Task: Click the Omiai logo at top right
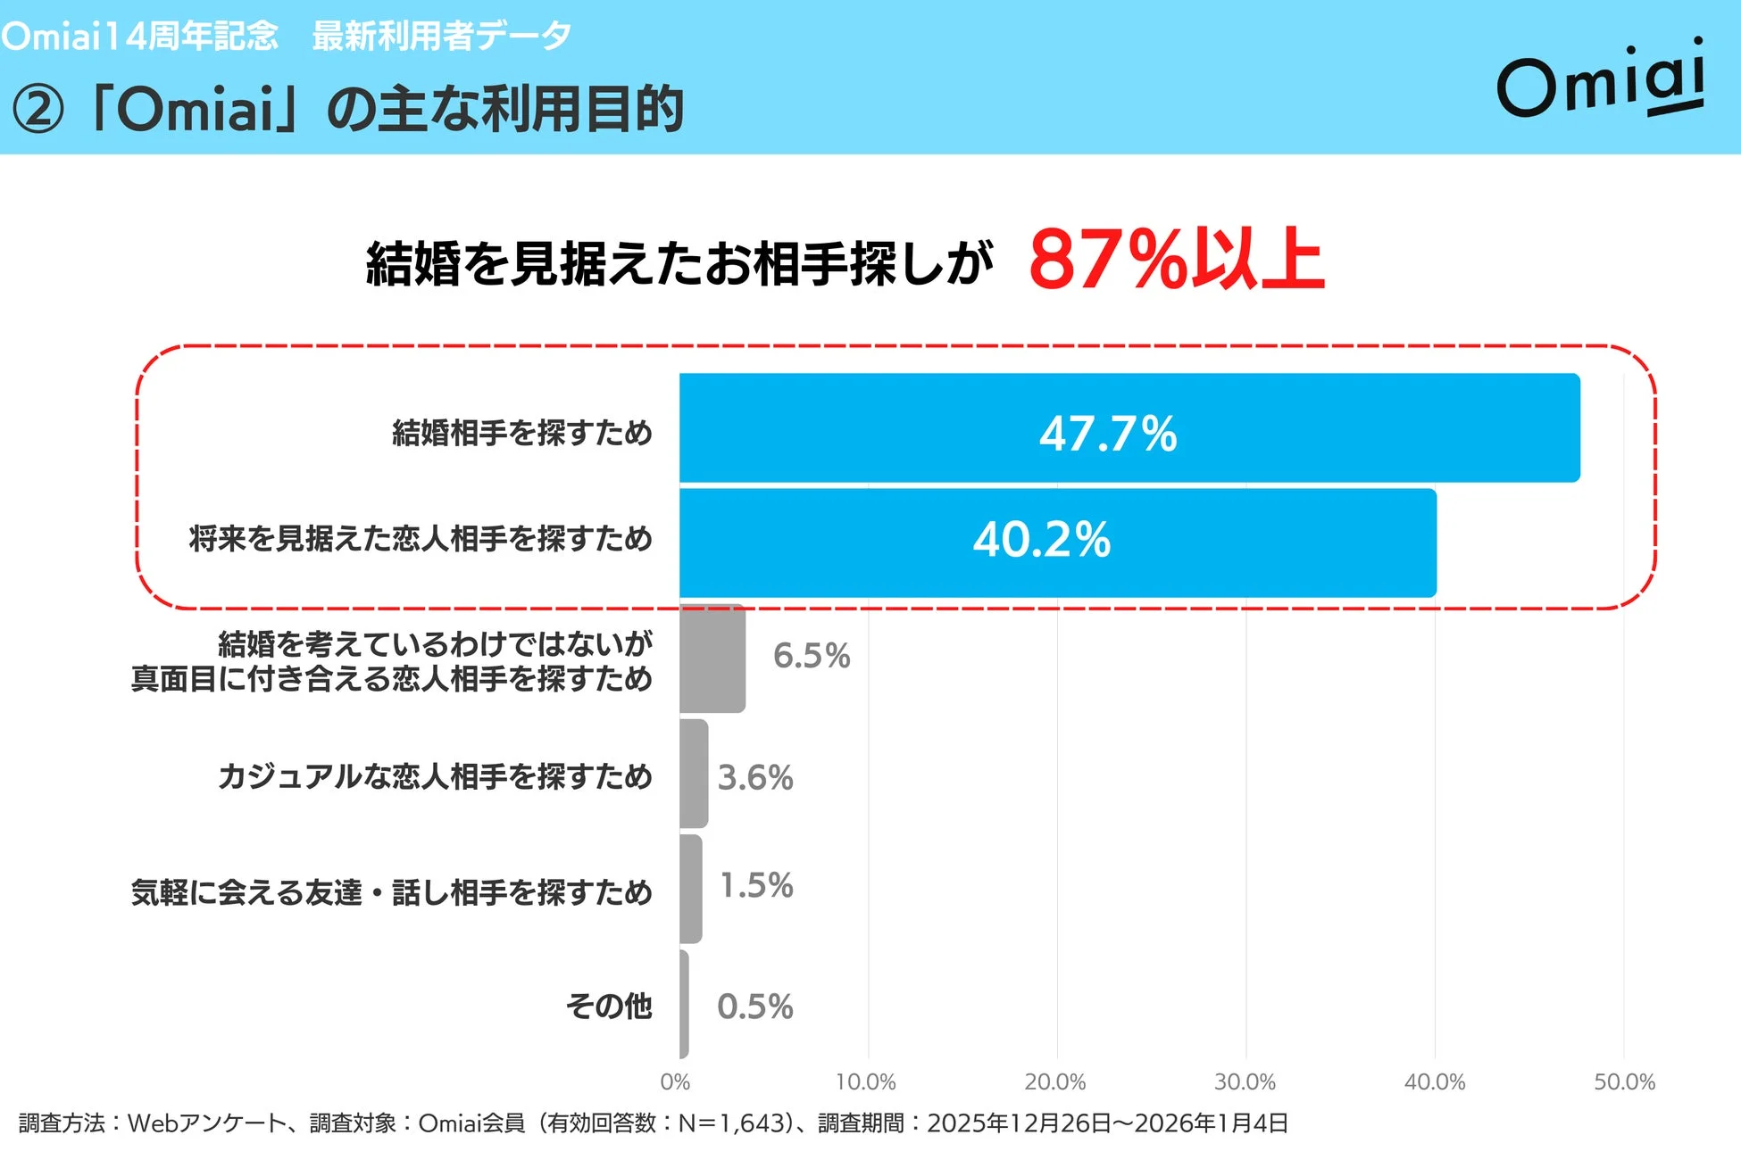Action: (x=1601, y=80)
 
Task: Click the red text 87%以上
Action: (x=1176, y=260)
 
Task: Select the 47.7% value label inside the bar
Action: (x=1108, y=434)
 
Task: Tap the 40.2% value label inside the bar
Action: (x=1042, y=540)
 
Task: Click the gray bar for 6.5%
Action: (x=712, y=659)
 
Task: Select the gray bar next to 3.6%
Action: (x=694, y=774)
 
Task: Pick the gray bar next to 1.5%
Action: (x=690, y=889)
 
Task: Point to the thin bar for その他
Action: (x=684, y=1004)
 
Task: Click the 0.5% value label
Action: (x=754, y=1007)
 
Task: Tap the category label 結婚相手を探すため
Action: (x=522, y=433)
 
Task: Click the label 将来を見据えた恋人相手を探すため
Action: (x=421, y=539)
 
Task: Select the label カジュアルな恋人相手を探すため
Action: (x=435, y=776)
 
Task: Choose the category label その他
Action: (x=609, y=1006)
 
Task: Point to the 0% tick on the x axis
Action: (x=675, y=1082)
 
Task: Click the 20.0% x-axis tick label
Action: (x=1054, y=1082)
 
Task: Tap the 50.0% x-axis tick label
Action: (x=1624, y=1082)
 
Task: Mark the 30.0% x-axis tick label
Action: (x=1245, y=1082)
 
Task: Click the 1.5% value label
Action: (x=756, y=885)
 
